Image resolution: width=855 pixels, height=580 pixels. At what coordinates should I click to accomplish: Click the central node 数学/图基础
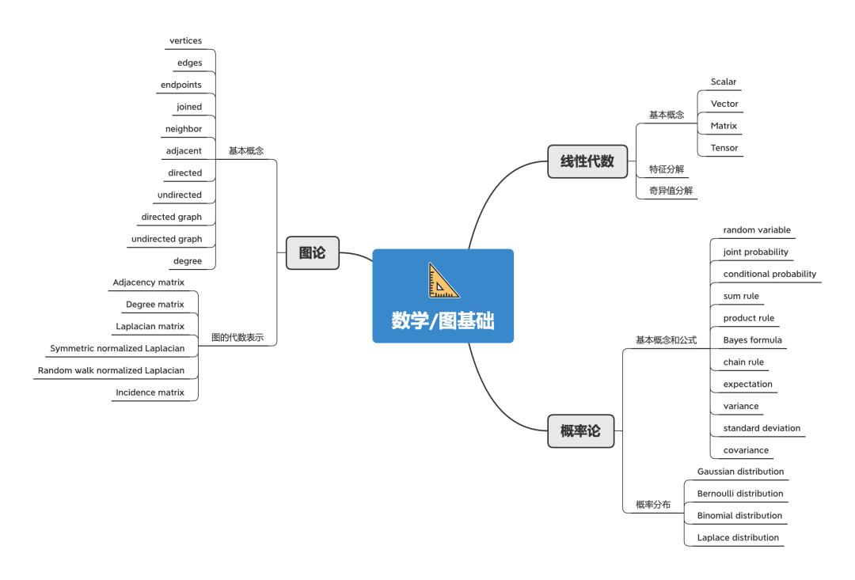(x=443, y=320)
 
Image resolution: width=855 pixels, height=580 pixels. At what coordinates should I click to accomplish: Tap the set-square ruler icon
(x=443, y=280)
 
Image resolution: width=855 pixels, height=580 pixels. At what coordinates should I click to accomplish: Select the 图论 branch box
(x=312, y=253)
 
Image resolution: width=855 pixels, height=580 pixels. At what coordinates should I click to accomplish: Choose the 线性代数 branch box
(x=587, y=161)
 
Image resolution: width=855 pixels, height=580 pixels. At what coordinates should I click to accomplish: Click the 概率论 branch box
(x=580, y=431)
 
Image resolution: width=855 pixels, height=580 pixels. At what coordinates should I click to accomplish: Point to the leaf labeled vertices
(x=185, y=41)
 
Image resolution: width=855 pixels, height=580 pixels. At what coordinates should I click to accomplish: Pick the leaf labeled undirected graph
(x=166, y=239)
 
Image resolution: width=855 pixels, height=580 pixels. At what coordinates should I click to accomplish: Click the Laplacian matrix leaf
(x=150, y=327)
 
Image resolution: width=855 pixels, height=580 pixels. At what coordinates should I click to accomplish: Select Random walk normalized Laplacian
(x=111, y=370)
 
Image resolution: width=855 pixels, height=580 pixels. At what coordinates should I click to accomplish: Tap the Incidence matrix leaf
(x=150, y=392)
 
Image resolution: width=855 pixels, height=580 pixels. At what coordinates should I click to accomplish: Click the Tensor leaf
(x=724, y=148)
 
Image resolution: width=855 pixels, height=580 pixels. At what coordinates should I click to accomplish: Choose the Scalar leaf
(x=723, y=82)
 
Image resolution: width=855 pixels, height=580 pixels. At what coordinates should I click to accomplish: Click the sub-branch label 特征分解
(x=666, y=169)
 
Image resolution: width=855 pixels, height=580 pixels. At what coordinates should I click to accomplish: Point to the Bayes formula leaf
(x=752, y=340)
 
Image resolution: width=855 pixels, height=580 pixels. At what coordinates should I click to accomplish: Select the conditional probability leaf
(x=769, y=274)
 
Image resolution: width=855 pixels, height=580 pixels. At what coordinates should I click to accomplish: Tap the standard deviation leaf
(x=762, y=428)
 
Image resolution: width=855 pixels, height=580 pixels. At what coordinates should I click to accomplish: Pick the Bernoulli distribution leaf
(x=740, y=494)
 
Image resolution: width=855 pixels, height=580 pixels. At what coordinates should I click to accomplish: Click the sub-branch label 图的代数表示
(x=237, y=337)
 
